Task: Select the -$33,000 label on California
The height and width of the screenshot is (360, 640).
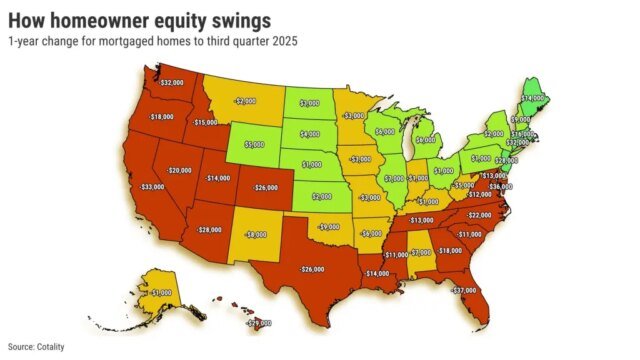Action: tap(152, 187)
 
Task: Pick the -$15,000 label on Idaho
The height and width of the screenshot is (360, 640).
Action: tap(204, 122)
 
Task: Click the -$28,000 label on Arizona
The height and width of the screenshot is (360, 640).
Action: tap(209, 230)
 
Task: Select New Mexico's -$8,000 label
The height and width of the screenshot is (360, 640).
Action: tap(255, 234)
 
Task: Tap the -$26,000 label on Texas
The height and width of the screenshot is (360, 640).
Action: tap(311, 268)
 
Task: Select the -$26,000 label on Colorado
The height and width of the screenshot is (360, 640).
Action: tap(265, 187)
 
